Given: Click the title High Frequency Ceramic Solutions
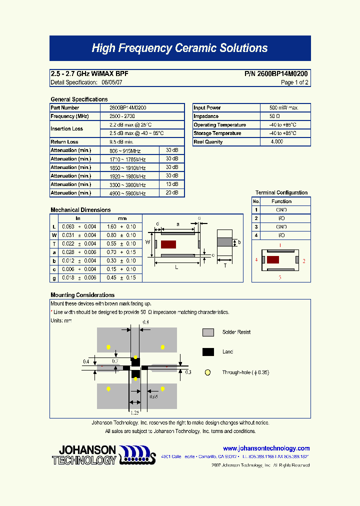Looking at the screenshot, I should tap(179, 48).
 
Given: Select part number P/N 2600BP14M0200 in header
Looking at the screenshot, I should tap(276, 73).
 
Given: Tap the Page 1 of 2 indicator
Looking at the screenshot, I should tap(294, 82).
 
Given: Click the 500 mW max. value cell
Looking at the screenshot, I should tap(283, 108).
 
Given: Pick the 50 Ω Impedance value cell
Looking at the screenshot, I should tap(283, 116).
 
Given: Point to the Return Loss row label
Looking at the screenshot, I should tap(64, 142).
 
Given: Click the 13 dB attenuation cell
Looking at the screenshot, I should tap(172, 184).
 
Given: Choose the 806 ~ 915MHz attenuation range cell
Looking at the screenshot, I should tap(125, 150).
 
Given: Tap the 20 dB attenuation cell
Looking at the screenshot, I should tap(172, 193).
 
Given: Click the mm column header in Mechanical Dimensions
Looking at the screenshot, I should tap(122, 218).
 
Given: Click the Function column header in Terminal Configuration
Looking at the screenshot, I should tap(281, 201).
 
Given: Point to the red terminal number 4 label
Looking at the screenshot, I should tap(256, 260).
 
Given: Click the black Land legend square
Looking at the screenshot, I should tap(208, 352).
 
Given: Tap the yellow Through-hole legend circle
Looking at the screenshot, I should tap(208, 372).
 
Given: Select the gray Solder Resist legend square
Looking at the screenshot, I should tap(208, 332).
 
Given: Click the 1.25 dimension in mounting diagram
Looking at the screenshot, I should tap(134, 412).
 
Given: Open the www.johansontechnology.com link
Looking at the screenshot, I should tap(266, 448).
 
